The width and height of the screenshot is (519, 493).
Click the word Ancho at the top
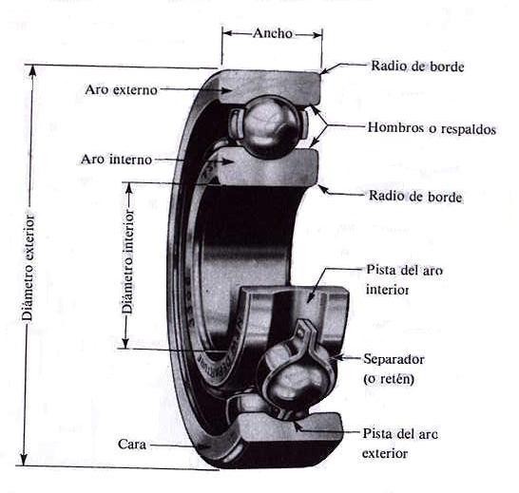pyautogui.click(x=273, y=33)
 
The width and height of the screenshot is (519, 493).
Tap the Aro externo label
pyautogui.click(x=121, y=89)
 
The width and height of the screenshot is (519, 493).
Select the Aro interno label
pyautogui.click(x=117, y=160)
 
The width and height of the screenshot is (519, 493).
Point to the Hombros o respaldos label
pyautogui.click(x=432, y=128)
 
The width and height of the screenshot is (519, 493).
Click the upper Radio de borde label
pyautogui.click(x=417, y=66)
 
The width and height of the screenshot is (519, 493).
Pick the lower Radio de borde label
pyautogui.click(x=415, y=197)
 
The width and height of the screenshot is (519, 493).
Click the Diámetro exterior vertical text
pyautogui.click(x=28, y=268)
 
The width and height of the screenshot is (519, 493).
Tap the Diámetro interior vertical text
pyautogui.click(x=127, y=261)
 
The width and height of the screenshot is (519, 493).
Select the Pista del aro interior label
pyautogui.click(x=404, y=280)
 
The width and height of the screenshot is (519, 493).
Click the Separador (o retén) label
pyautogui.click(x=394, y=369)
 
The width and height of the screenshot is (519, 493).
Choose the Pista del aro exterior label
pyautogui.click(x=400, y=443)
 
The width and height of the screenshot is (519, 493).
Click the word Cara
pyautogui.click(x=132, y=444)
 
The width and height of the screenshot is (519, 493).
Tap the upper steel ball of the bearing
pyautogui.click(x=269, y=126)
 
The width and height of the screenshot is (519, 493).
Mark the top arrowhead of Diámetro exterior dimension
pyautogui.click(x=32, y=70)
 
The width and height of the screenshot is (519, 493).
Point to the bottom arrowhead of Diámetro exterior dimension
pyautogui.click(x=24, y=460)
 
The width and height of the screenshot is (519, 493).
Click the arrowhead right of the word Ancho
pyautogui.click(x=317, y=34)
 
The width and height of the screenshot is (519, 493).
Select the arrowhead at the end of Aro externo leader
pyautogui.click(x=225, y=90)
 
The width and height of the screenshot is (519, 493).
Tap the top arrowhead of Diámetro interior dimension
pyautogui.click(x=129, y=187)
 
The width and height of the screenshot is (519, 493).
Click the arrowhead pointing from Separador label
pyautogui.click(x=337, y=357)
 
